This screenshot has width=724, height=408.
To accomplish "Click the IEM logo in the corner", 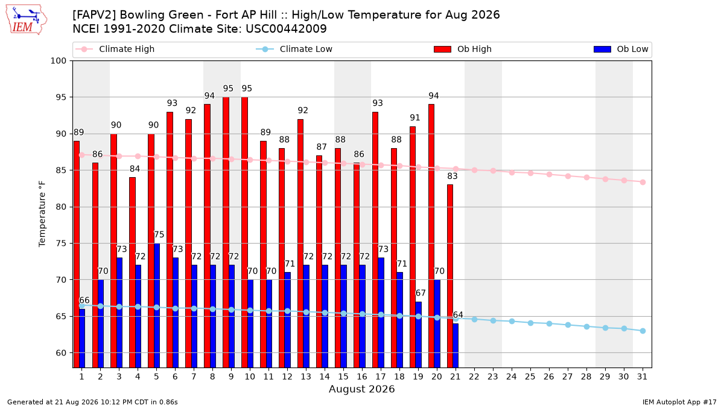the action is (27, 20).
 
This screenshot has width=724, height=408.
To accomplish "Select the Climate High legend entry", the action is (115, 49).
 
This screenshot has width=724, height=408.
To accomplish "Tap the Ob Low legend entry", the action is (621, 49).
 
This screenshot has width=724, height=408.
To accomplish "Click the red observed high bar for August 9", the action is (226, 232).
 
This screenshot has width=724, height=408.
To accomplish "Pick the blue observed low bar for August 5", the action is (157, 305).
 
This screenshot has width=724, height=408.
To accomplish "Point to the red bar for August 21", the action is (450, 276).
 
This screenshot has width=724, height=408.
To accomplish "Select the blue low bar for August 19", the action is (418, 334).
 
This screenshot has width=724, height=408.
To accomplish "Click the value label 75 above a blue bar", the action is (159, 235).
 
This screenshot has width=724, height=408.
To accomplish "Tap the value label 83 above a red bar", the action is (453, 176).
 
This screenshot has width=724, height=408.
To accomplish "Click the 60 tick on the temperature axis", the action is (61, 353).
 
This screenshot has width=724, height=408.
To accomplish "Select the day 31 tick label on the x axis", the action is (642, 377).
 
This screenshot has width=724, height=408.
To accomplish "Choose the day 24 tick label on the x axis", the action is (512, 377).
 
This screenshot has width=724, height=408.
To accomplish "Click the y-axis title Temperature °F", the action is (42, 214).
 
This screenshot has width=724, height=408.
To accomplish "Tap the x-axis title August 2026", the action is (361, 389).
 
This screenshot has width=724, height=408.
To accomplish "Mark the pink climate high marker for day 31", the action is (643, 183).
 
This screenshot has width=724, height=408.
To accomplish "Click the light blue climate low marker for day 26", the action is (549, 324).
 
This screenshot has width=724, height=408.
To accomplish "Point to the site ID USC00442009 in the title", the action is (286, 29).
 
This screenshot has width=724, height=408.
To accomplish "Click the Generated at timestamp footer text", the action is (92, 402).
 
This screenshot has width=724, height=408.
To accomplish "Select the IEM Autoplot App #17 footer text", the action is (679, 402).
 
